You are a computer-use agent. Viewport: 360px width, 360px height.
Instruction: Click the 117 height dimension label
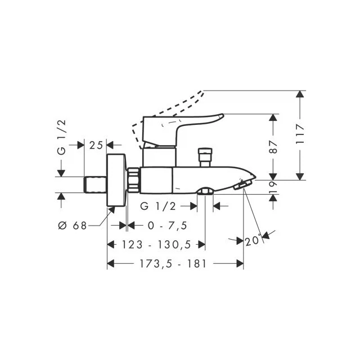pyautogui.click(x=300, y=134)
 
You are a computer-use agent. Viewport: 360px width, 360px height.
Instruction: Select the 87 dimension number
pyautogui.click(x=273, y=147)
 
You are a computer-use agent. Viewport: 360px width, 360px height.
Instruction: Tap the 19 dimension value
pyautogui.click(x=273, y=187)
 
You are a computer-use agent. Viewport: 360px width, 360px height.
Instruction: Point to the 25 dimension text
pyautogui.click(x=96, y=145)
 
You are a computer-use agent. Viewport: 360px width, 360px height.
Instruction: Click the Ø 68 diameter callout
pyautogui.click(x=73, y=226)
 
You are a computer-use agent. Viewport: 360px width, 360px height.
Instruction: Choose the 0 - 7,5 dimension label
pyautogui.click(x=168, y=226)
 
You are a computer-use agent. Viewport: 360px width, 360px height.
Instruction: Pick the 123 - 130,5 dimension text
pyautogui.click(x=156, y=245)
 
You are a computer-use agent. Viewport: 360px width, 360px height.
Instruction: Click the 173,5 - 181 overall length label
pyautogui.click(x=173, y=264)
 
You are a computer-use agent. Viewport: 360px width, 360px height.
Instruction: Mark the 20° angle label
pyautogui.click(x=253, y=240)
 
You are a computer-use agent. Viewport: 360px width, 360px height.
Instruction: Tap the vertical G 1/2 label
pyautogui.click(x=61, y=137)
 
